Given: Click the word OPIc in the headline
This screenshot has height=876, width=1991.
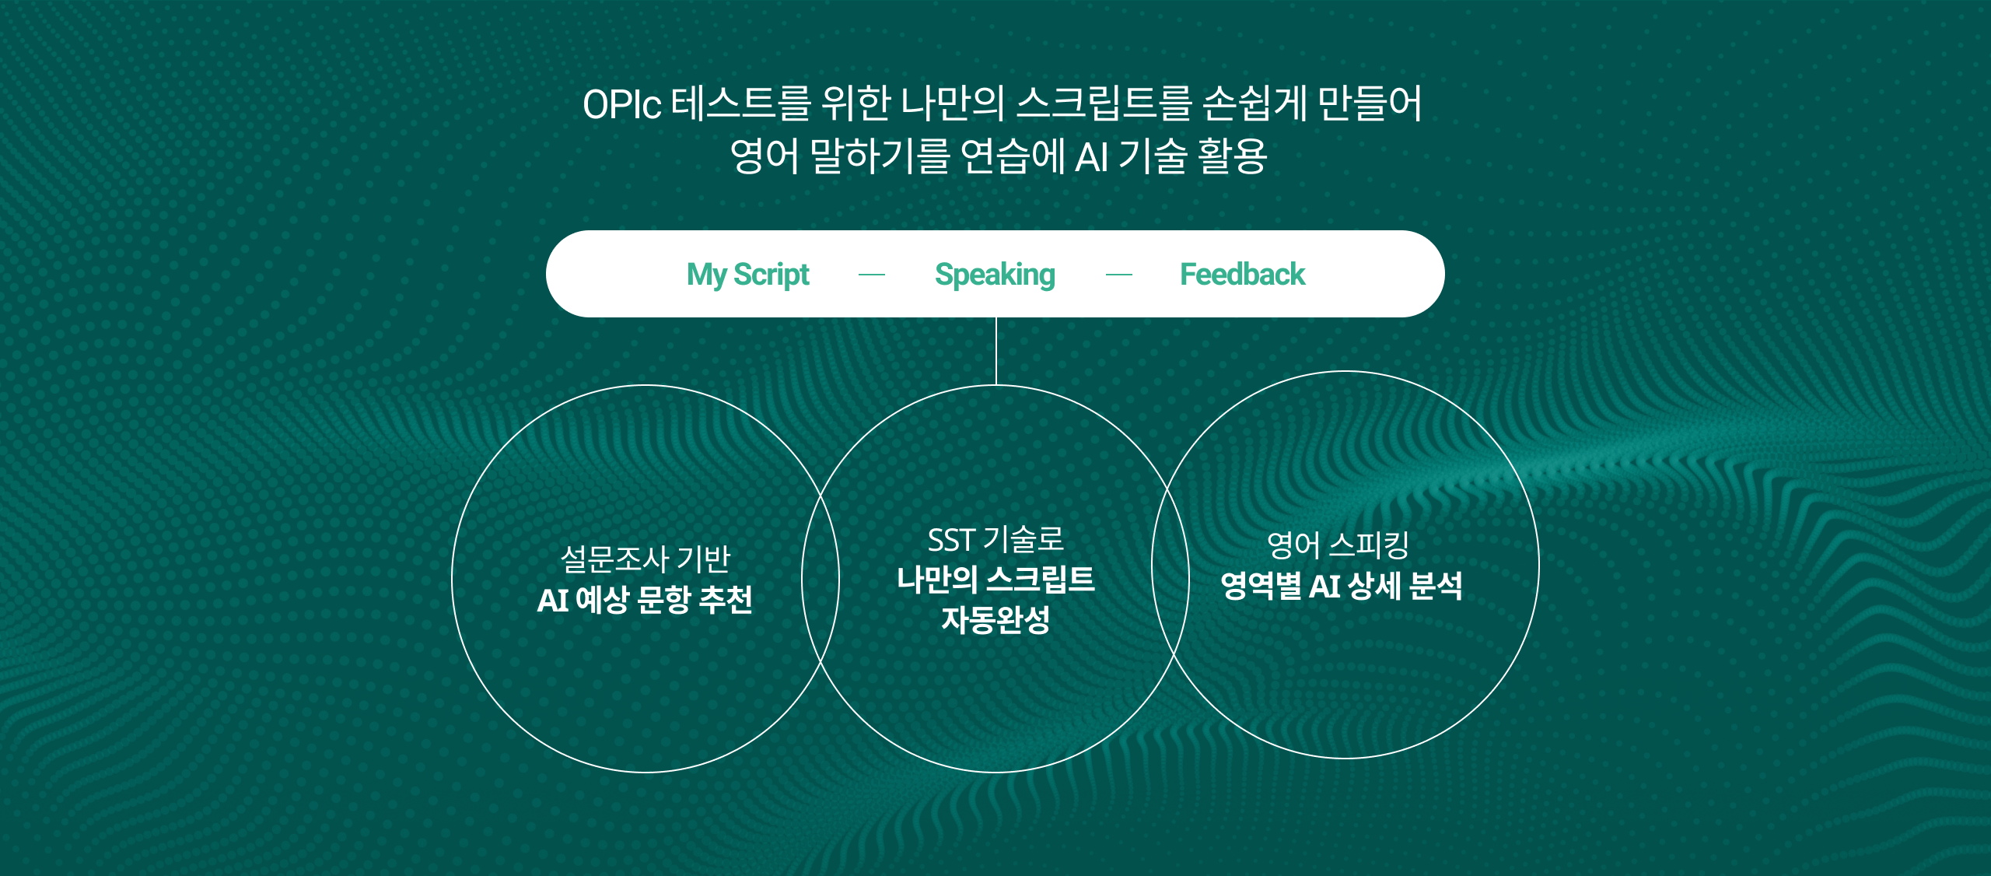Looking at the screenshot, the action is click(622, 104).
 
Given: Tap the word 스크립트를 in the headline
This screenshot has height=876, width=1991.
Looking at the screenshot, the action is click(1104, 103).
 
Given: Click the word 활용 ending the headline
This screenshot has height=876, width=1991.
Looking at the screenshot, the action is click(1233, 156).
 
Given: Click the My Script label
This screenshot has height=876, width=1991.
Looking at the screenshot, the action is click(748, 275).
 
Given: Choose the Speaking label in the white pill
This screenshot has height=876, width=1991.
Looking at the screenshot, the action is click(995, 275).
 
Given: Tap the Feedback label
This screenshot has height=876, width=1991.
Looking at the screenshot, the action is click(1242, 274).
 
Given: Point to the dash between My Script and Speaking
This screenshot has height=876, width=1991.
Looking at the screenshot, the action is click(872, 275).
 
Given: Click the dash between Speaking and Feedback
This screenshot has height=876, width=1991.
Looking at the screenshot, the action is click(1119, 275).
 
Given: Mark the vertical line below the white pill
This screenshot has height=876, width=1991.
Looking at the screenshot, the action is click(995, 351).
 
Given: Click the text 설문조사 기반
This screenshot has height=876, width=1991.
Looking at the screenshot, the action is click(646, 559).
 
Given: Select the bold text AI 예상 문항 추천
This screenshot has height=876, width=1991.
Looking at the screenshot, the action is click(645, 599).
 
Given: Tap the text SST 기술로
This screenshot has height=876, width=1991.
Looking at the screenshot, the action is click(995, 539).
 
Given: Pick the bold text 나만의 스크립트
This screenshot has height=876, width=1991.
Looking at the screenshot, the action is click(995, 580).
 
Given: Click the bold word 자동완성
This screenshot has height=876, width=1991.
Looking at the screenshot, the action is click(995, 620).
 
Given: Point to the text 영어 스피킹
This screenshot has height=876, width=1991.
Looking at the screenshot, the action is click(1338, 545).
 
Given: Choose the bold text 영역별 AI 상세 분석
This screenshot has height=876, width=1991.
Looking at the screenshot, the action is click(1342, 585).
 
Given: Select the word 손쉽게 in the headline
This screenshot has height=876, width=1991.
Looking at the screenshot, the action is click(1254, 103).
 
